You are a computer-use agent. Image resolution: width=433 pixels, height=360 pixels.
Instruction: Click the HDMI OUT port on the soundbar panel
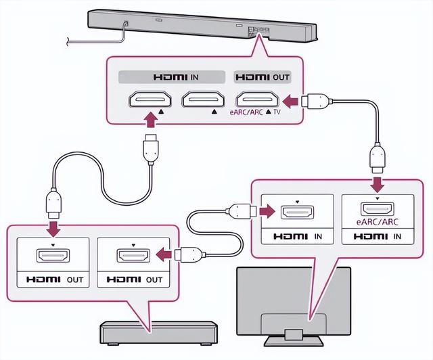257,99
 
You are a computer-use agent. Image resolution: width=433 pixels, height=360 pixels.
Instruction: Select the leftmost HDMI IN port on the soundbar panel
150,99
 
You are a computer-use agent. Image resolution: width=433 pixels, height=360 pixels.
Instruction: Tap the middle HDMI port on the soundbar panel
203,99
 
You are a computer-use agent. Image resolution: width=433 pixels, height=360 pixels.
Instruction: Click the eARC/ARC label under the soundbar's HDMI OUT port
246,112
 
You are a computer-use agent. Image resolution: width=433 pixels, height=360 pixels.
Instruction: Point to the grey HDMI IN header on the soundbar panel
172,77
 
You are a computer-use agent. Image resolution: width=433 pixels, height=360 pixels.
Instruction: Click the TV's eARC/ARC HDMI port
378,209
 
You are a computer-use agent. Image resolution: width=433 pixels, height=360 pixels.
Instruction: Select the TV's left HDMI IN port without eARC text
297,212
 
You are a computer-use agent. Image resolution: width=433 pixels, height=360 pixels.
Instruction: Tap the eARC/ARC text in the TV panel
378,222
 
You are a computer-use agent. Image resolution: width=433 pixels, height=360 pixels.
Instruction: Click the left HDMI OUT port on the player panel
53,255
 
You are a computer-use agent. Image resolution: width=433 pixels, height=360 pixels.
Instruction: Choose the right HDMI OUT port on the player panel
134,255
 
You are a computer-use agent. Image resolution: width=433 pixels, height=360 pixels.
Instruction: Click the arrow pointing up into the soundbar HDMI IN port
150,119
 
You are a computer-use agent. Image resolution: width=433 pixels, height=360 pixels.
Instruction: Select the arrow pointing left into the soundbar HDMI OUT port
291,102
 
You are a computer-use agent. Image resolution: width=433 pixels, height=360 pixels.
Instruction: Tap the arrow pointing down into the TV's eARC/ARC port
378,184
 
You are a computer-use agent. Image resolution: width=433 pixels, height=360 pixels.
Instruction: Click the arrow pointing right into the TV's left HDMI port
267,211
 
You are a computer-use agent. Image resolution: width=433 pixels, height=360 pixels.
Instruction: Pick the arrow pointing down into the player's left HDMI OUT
53,228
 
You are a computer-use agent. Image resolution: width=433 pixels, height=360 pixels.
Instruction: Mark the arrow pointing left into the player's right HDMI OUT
164,254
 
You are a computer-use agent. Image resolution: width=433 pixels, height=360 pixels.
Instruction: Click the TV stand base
294,341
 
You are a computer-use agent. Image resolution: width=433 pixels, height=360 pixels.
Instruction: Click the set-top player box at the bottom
158,333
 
